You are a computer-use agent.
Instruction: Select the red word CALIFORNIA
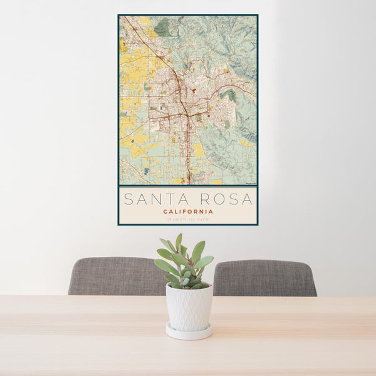point(188,212)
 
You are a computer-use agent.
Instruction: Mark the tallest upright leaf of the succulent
point(179,242)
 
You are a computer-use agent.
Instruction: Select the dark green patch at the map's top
point(163,27)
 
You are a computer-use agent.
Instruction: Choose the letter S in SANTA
point(128,199)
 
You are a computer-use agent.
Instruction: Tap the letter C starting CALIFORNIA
point(165,212)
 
